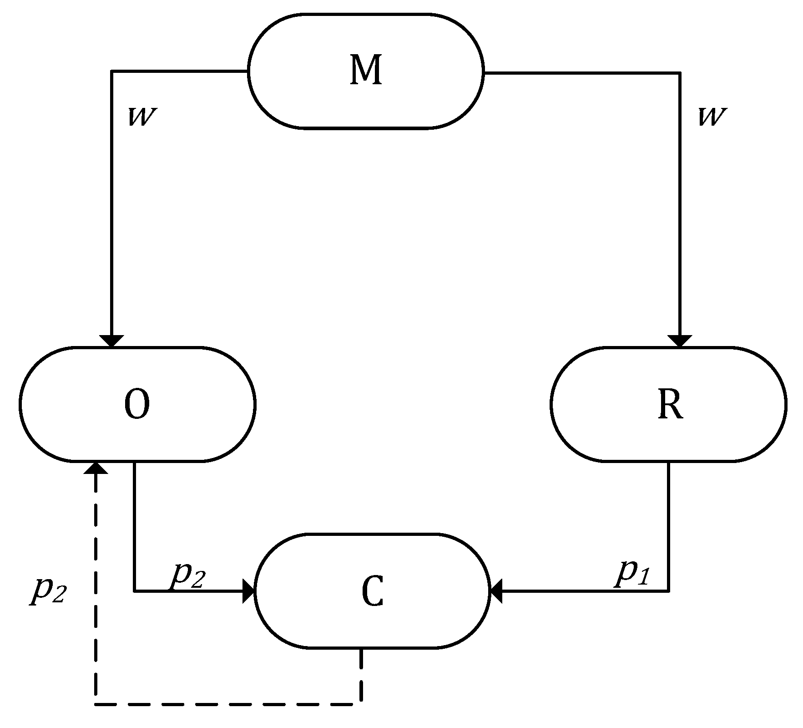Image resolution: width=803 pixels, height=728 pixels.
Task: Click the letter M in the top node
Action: click(x=365, y=71)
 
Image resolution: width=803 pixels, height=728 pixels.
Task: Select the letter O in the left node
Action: click(x=136, y=405)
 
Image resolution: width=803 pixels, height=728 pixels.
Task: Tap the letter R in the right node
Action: click(x=670, y=405)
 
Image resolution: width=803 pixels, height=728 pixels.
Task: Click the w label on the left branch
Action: click(x=142, y=117)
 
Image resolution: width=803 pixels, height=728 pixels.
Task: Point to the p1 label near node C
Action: click(x=633, y=575)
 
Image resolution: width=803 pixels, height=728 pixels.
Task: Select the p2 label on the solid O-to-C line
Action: click(x=188, y=577)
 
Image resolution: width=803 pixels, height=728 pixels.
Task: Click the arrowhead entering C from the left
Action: click(x=249, y=591)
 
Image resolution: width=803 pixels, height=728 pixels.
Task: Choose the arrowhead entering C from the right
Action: click(x=495, y=591)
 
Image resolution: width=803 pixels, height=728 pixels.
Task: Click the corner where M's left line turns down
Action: click(x=111, y=71)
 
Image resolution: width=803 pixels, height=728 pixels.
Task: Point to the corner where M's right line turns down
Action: click(x=680, y=72)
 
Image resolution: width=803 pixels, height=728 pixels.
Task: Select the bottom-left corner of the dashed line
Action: click(x=96, y=704)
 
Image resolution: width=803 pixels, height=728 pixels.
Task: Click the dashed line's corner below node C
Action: click(x=361, y=704)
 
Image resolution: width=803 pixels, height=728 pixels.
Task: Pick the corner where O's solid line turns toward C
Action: click(x=134, y=591)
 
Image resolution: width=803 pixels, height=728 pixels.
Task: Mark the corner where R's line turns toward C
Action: click(x=668, y=591)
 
